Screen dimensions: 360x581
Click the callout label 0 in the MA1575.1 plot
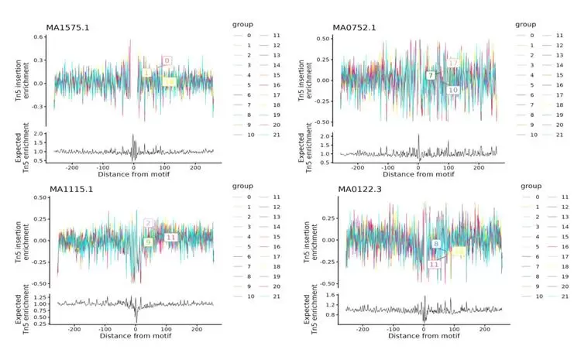pos(167,60)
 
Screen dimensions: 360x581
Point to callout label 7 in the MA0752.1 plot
pos(430,75)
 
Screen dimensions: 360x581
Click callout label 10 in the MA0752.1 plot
pos(453,90)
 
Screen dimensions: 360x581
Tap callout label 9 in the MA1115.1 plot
pos(148,242)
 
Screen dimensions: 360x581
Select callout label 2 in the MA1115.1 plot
pos(147,224)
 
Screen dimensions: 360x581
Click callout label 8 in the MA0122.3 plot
pos(436,244)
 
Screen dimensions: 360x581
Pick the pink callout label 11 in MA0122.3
pos(435,264)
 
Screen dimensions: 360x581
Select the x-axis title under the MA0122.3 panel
pos(424,336)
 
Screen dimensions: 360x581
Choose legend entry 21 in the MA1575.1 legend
pos(275,134)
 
